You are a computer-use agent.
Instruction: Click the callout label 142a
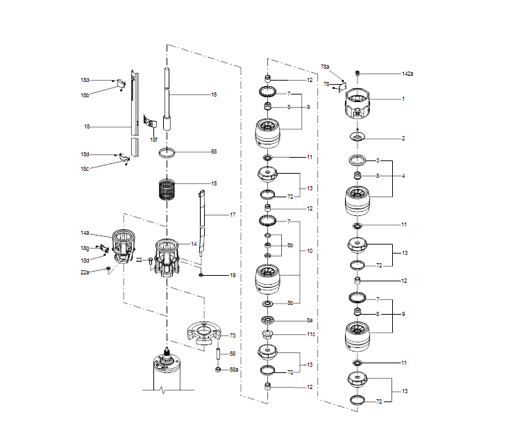tap(407, 74)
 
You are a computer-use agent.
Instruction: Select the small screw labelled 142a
tap(359, 73)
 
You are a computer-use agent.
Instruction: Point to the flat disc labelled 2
tap(359, 138)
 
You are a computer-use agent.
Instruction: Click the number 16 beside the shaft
tap(214, 94)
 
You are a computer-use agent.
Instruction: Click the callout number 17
tap(233, 215)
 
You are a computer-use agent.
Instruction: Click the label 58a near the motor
tap(234, 370)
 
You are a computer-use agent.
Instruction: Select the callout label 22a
tap(85, 272)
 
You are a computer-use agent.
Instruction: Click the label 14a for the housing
tap(85, 233)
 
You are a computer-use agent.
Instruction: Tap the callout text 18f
tap(153, 140)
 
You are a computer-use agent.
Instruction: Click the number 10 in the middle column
tap(310, 250)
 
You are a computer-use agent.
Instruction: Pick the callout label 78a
tap(325, 67)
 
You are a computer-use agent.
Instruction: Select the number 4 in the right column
tap(403, 176)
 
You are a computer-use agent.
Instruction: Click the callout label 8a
tap(310, 320)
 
